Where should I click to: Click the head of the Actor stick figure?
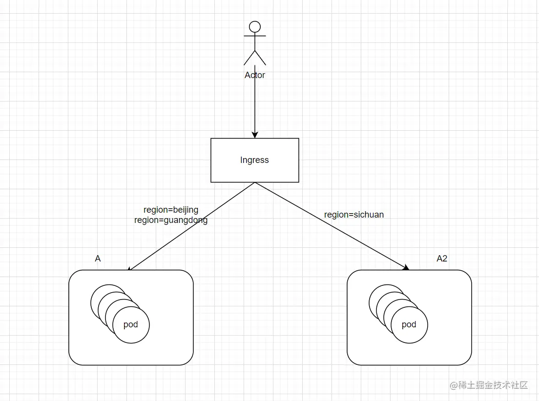click(x=255, y=27)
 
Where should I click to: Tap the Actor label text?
click(x=255, y=75)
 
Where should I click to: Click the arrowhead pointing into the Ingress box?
click(x=254, y=135)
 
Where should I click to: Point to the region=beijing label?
click(x=171, y=210)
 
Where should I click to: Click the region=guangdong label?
click(x=171, y=220)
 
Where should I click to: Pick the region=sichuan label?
click(x=354, y=215)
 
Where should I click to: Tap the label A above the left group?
click(x=98, y=259)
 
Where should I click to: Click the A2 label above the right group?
click(x=442, y=259)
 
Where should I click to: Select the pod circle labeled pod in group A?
click(x=131, y=325)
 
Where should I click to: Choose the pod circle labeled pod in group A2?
click(x=409, y=325)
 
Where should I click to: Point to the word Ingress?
click(x=254, y=160)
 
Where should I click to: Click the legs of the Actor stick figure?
click(x=255, y=58)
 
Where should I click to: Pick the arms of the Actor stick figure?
click(x=255, y=36)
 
